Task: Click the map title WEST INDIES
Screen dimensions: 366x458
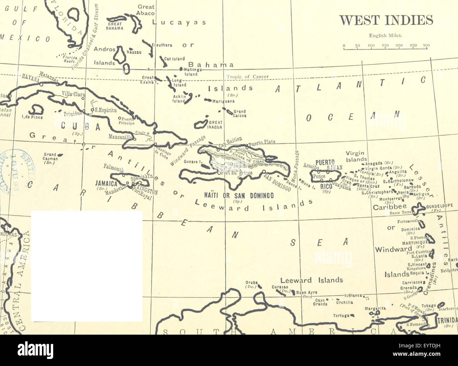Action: (386, 20)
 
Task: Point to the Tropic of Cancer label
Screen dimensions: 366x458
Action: (247, 77)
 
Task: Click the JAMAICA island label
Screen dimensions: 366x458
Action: (106, 184)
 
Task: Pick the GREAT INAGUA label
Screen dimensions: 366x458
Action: (215, 125)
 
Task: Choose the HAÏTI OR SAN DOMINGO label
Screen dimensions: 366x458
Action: (239, 196)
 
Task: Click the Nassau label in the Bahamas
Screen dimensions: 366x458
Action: (134, 52)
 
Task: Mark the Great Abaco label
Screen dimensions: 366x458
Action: (146, 10)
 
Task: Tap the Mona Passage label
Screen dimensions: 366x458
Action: (297, 165)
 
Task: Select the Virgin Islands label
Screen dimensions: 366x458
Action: (356, 156)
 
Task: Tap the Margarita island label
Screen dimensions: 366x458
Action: (375, 308)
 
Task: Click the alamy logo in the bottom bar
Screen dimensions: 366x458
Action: (36, 351)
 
